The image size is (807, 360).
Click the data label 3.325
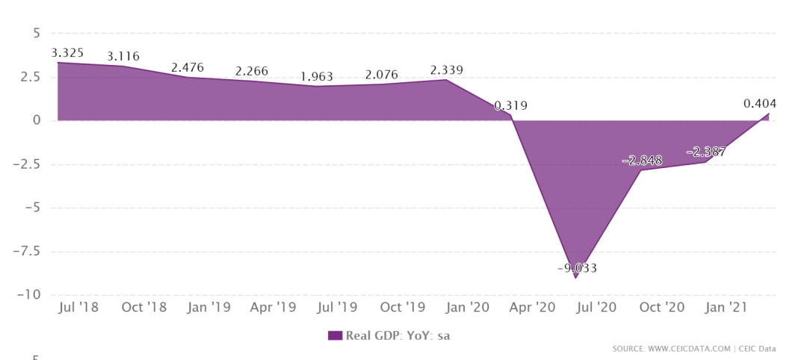pos(67,53)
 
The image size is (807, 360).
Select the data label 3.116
pos(123,57)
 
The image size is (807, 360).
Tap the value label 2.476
pos(187,68)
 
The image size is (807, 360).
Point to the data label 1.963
pos(317,77)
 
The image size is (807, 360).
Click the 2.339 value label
pos(446,70)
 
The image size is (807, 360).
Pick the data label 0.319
pos(511,106)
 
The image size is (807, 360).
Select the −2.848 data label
pos(643,161)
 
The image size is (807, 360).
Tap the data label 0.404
pos(760,105)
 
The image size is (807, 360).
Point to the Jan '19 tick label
pos(208,307)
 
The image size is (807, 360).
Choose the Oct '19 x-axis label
pos(403,307)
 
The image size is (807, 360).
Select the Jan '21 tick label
pos(726,307)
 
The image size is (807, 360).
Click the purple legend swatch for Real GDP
pos(335,335)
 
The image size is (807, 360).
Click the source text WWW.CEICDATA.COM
pos(689,349)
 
